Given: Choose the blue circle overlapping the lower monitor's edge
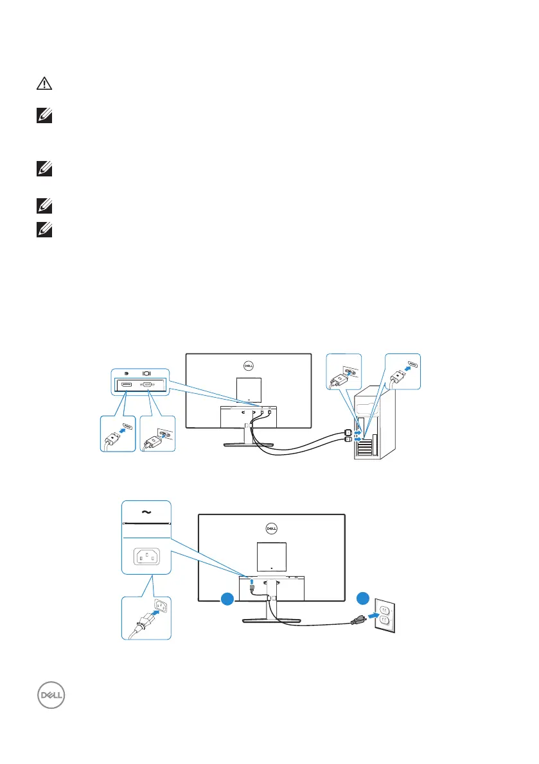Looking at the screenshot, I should click(225, 600).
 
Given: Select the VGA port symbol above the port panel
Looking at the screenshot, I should click(146, 372).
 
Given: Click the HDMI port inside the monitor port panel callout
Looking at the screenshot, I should click(127, 384).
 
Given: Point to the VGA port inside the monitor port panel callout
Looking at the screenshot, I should click(147, 384).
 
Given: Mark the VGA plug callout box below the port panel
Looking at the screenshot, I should click(156, 434).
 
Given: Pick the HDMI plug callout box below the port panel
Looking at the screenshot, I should click(119, 434).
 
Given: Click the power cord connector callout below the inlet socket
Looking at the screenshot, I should click(146, 617).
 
